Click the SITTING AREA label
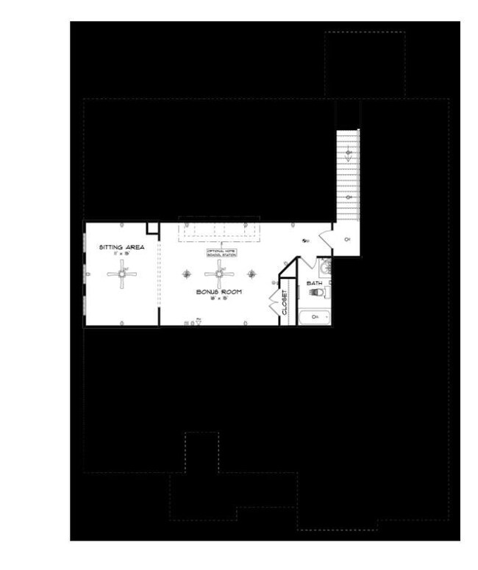point(122,247)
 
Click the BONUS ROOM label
point(218,292)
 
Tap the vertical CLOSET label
point(285,302)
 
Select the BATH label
point(314,282)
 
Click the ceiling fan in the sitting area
point(122,274)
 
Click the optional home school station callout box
point(221,252)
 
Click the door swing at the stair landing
point(324,237)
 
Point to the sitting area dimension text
point(122,254)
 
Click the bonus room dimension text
point(218,299)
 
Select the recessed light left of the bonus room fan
point(188,274)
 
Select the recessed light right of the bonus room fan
point(252,274)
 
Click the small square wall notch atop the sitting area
point(153,228)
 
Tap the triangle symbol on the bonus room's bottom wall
point(198,321)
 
